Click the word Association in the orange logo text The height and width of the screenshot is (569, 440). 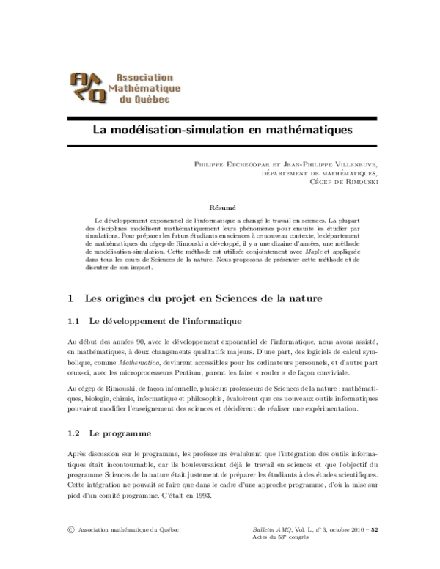[139, 76]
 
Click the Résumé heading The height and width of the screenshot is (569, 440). [221, 208]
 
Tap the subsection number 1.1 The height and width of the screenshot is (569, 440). [73, 321]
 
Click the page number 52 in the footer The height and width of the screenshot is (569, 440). [374, 530]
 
